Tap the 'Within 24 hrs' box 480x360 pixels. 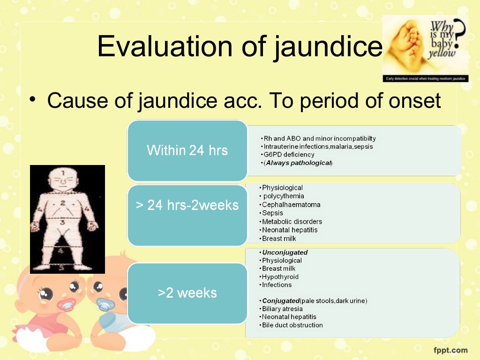point(187,150)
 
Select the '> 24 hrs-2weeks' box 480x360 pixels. point(187,205)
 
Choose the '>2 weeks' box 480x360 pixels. point(187,293)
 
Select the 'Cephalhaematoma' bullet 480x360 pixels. point(291,205)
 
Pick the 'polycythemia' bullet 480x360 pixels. point(284,196)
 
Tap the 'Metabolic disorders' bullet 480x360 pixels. point(292,222)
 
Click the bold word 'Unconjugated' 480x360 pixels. point(285,253)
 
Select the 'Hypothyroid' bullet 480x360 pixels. point(280,277)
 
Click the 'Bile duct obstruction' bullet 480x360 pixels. point(292,325)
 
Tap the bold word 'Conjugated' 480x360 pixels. point(281,301)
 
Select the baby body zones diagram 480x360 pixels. point(67,219)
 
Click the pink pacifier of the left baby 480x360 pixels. point(66,305)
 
